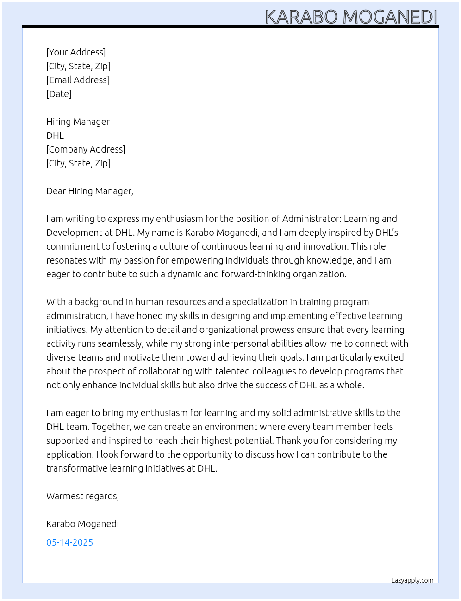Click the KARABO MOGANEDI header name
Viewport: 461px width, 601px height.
pyautogui.click(x=351, y=17)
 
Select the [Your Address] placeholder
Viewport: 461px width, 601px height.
pyautogui.click(x=76, y=52)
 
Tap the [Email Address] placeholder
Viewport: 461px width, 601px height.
pyautogui.click(x=78, y=80)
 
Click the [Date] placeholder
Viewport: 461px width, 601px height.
pyautogui.click(x=59, y=94)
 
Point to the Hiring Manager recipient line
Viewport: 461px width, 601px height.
pyautogui.click(x=78, y=122)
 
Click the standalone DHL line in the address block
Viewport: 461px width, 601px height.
pyautogui.click(x=55, y=135)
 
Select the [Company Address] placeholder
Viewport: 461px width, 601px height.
pyautogui.click(x=86, y=149)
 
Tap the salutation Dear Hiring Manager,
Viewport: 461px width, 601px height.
pyautogui.click(x=90, y=191)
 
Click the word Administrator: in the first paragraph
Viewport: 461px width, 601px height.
pyautogui.click(x=311, y=219)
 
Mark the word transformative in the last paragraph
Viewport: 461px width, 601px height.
pyautogui.click(x=77, y=468)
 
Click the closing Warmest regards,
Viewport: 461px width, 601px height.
pyautogui.click(x=82, y=496)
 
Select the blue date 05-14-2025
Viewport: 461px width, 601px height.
pyautogui.click(x=69, y=542)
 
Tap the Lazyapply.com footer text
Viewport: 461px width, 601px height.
pyautogui.click(x=412, y=580)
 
